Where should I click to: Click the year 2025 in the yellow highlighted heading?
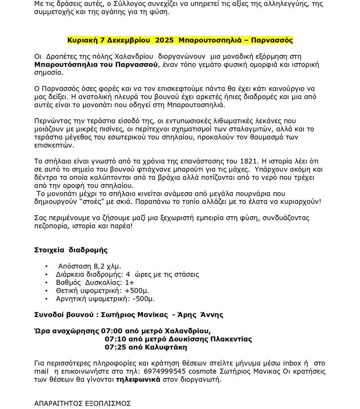pyautogui.click(x=164, y=40)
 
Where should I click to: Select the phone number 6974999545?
pyautogui.click(x=165, y=371)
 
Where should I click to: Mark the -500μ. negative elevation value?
pyautogui.click(x=143, y=299)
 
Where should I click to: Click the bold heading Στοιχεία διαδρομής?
pyautogui.click(x=71, y=250)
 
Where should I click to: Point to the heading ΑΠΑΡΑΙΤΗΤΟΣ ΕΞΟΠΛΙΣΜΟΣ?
pyautogui.click(x=82, y=403)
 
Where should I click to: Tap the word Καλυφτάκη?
pyautogui.click(x=165, y=347)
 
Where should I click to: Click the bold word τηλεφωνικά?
pyautogui.click(x=138, y=379)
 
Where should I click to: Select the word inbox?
pyautogui.click(x=292, y=363)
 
